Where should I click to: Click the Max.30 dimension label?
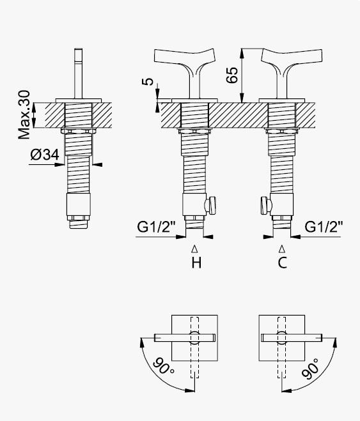24,114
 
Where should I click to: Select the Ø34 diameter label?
45,155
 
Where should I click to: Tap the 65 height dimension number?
232,75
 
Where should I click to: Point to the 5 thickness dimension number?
148,81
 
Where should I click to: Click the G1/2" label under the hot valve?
156,227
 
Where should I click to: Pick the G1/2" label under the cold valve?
324,227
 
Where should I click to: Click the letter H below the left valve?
196,263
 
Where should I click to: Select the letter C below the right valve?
283,263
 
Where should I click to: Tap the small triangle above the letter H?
195,249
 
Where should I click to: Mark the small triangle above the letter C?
282,249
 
